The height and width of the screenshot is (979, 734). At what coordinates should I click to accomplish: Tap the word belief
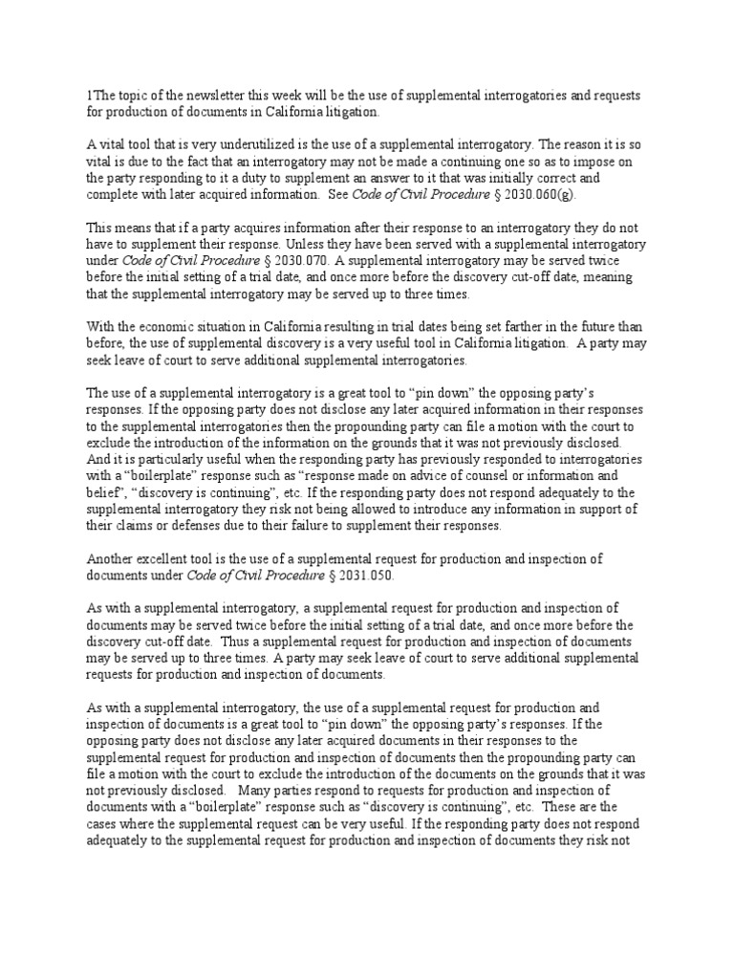(103, 491)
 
